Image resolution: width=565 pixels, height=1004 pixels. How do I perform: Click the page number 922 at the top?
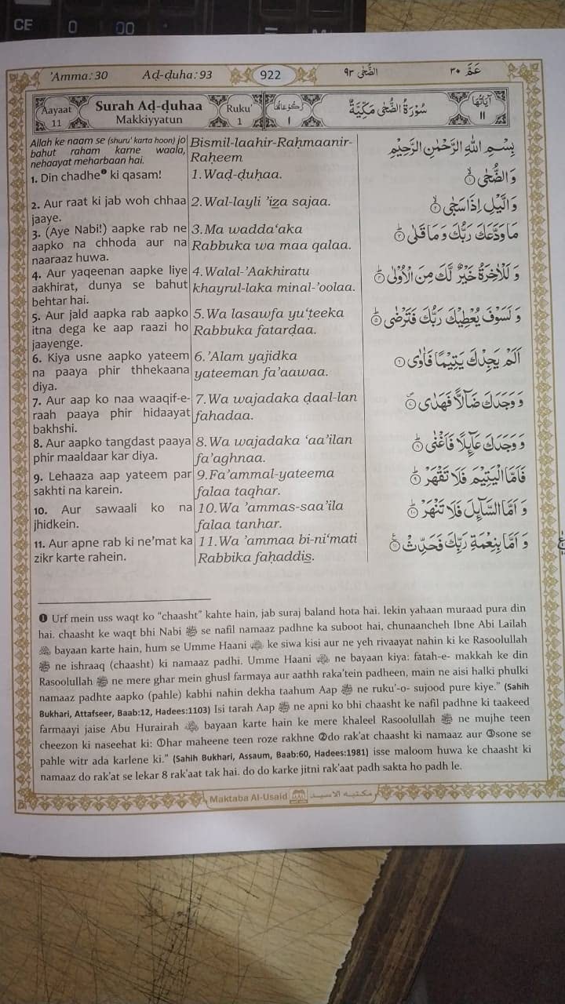point(270,75)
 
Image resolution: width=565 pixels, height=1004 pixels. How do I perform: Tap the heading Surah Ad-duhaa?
point(149,105)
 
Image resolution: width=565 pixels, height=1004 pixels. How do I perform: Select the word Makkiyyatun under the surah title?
point(148,120)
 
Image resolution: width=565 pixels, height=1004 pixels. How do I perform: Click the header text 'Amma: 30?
point(78,76)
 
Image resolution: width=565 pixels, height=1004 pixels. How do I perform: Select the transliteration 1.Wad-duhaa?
point(237,175)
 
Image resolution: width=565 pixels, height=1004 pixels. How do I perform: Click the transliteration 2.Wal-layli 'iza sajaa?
point(261,202)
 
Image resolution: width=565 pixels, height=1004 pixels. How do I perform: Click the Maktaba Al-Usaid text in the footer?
point(246,798)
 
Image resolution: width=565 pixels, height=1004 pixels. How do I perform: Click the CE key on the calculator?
point(22,24)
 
